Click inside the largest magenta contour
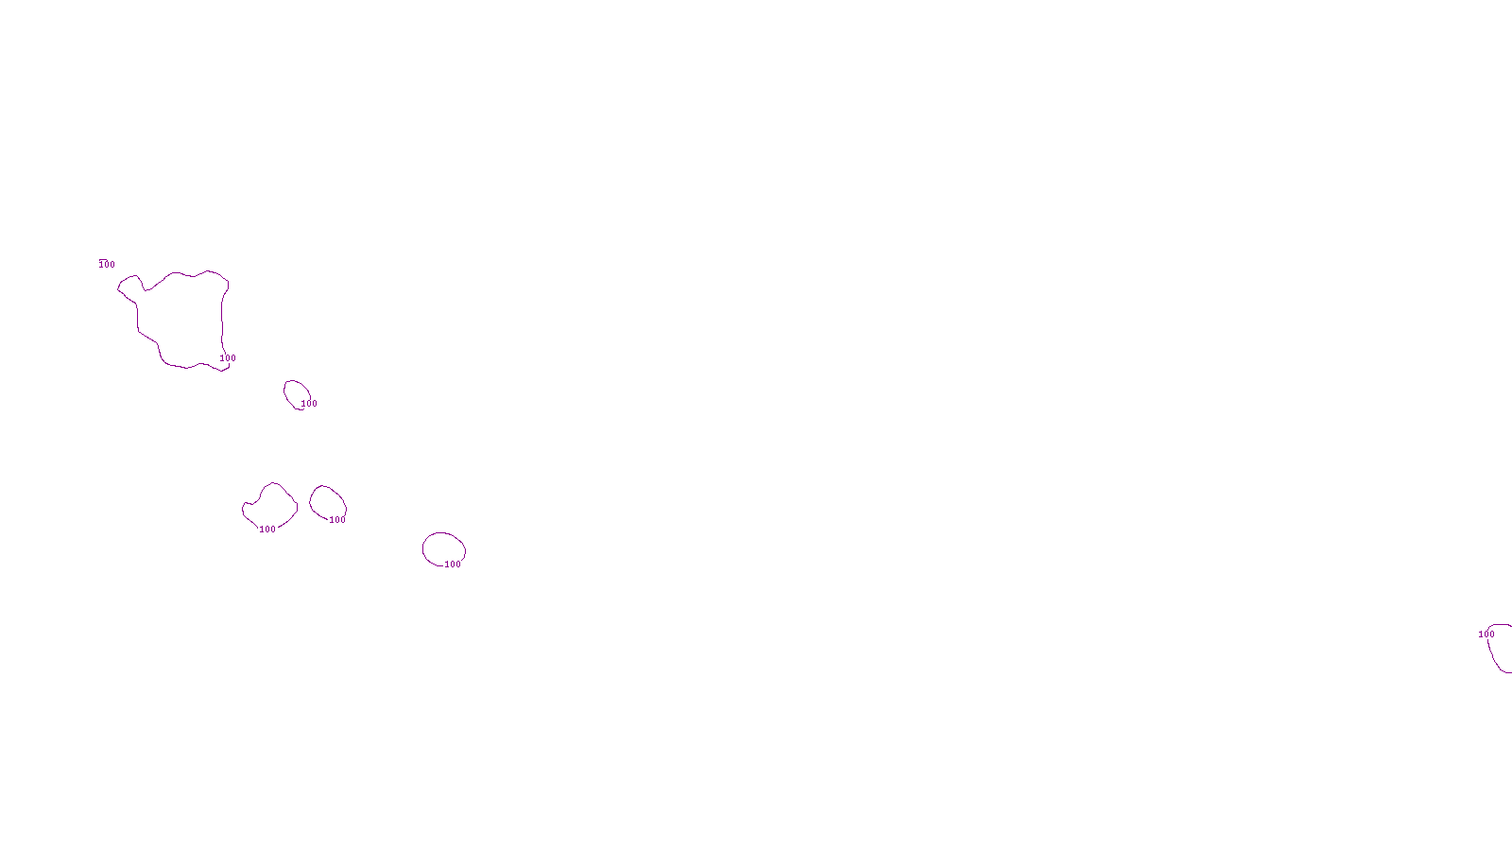tap(184, 317)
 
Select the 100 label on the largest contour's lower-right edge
tap(228, 358)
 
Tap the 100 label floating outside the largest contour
tap(107, 264)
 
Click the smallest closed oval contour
tap(296, 393)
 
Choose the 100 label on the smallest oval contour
tap(309, 404)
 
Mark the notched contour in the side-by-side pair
tap(271, 505)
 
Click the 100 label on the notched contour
tap(267, 530)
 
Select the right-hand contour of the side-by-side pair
tap(327, 502)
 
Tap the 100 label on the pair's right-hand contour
tap(337, 520)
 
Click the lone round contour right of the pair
tap(443, 548)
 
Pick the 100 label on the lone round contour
tap(453, 564)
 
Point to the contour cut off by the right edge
tap(1501, 648)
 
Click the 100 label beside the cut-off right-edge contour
tap(1486, 634)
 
